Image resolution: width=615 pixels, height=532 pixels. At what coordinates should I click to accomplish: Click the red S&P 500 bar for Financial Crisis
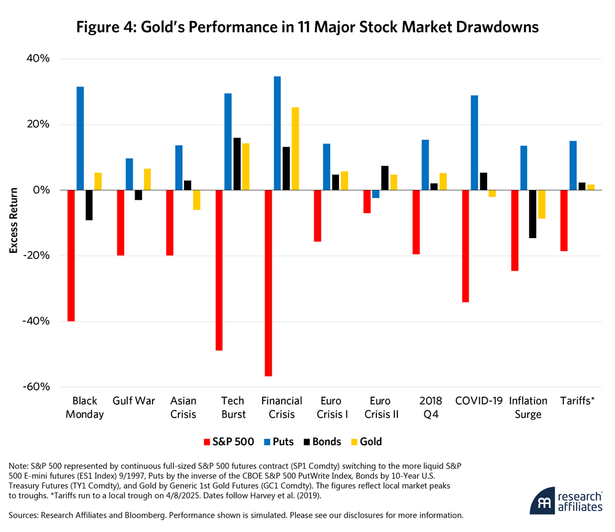pyautogui.click(x=268, y=283)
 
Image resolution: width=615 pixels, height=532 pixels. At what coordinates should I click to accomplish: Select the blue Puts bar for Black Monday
pyautogui.click(x=80, y=138)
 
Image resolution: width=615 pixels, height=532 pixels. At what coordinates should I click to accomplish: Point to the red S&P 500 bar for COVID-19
pyautogui.click(x=465, y=246)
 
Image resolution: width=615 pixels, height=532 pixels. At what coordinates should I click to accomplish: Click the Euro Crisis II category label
pyautogui.click(x=381, y=407)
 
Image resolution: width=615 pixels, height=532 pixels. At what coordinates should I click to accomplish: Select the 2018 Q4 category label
pyautogui.click(x=430, y=407)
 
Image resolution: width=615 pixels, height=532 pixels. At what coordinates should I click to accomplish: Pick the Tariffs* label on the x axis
pyautogui.click(x=576, y=401)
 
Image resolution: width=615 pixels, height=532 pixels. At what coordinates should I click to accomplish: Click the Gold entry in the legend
pyautogui.click(x=371, y=442)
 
